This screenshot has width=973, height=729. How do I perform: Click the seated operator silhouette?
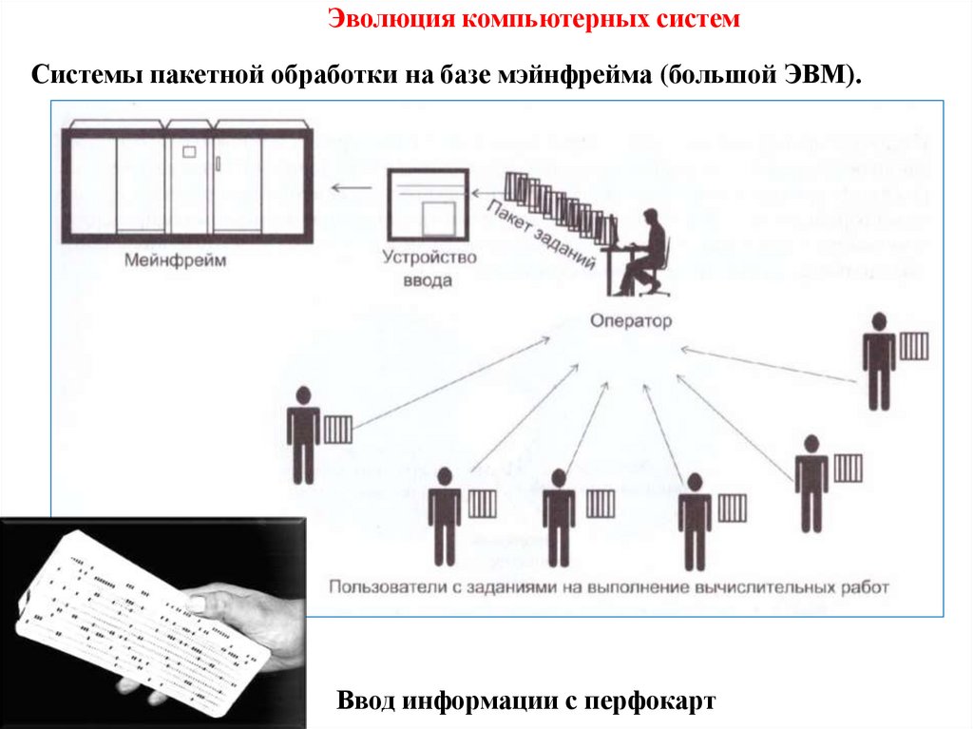pos(639,251)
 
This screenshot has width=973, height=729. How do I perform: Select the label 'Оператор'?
pos(629,320)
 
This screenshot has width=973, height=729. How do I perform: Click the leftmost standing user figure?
pos(303,434)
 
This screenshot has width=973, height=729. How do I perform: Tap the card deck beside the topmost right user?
pos(914,346)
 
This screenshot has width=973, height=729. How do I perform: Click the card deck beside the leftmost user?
pos(338,430)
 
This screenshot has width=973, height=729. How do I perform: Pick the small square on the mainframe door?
pos(188,151)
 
